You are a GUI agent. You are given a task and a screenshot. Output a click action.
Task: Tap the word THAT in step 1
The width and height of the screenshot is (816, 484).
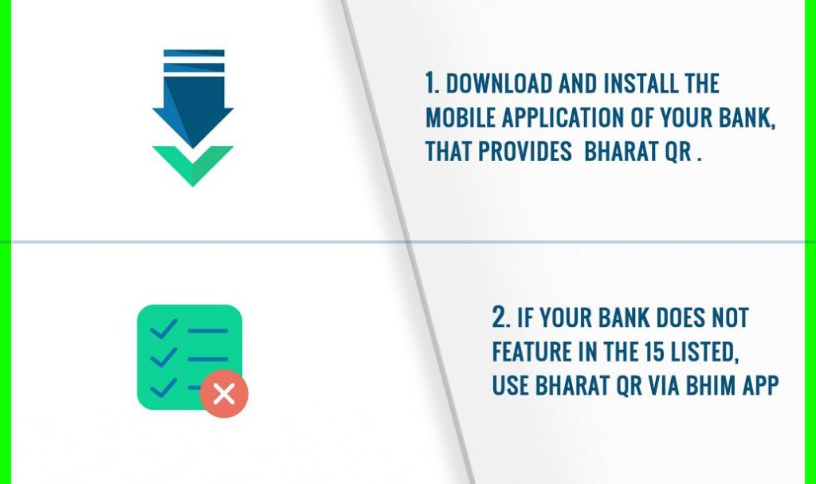[449, 152]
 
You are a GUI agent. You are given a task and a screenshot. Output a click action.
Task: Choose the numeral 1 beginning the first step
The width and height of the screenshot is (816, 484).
[430, 83]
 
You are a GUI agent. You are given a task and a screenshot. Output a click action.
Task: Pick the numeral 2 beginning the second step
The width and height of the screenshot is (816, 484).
[500, 317]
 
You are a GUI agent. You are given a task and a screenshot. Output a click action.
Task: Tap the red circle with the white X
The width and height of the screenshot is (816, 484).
[224, 393]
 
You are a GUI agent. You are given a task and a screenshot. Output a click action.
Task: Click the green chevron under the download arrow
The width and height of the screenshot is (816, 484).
[193, 163]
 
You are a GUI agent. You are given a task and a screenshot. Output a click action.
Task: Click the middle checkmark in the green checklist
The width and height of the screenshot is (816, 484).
[163, 357]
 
